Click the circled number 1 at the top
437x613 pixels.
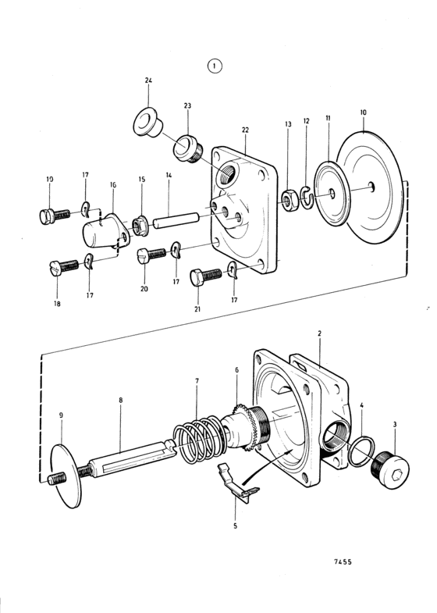[215, 66]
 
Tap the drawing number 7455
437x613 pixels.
[343, 561]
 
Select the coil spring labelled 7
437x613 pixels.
[198, 438]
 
